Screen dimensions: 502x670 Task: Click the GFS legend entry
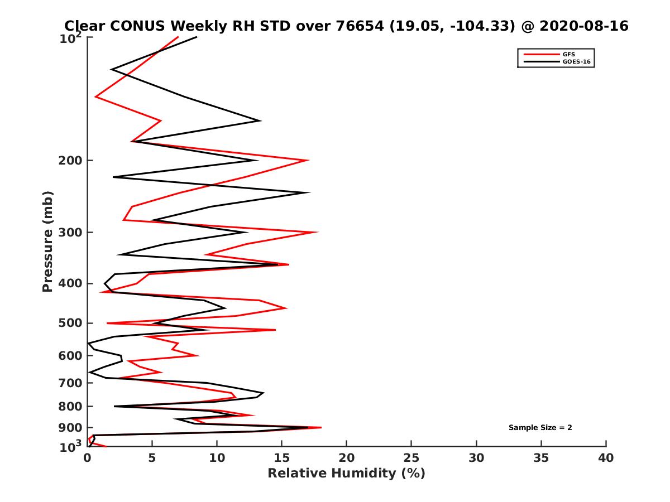pos(569,54)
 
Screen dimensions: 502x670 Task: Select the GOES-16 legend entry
pos(576,62)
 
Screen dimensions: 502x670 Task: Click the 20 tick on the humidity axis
pos(347,458)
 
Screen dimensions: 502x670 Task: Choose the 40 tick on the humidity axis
pos(606,458)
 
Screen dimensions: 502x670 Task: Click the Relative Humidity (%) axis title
pos(346,474)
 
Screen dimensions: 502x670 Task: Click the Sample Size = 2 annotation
pos(540,428)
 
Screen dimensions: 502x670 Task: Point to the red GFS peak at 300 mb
pos(318,232)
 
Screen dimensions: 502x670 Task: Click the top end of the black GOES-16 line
pos(197,37)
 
